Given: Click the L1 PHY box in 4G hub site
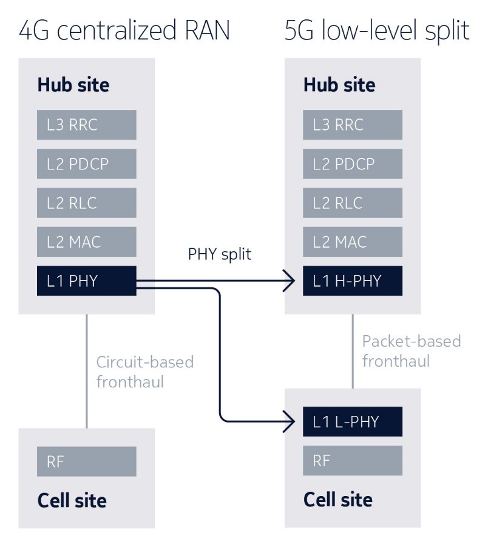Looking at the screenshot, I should click(x=86, y=281).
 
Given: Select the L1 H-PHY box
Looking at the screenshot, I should click(x=353, y=281).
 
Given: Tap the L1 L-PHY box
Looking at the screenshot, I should click(x=353, y=421).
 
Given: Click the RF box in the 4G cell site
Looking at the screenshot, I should click(x=86, y=461).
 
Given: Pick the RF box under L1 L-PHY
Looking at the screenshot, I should click(x=353, y=461).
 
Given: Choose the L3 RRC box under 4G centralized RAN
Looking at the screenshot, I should click(x=86, y=124).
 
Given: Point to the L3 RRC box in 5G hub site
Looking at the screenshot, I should click(x=353, y=124).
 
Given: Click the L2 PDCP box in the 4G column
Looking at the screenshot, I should click(x=86, y=164).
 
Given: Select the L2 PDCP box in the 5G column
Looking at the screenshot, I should click(x=353, y=164).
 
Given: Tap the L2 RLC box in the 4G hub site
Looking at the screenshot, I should click(x=86, y=203).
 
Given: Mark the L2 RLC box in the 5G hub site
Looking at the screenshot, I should click(x=353, y=203).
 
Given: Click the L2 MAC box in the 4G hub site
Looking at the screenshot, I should click(x=86, y=242).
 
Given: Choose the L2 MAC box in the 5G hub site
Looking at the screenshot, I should click(x=353, y=242).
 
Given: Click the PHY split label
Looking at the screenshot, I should click(x=219, y=254).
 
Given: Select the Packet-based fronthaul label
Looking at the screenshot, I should click(x=411, y=351).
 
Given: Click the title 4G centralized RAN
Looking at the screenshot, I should click(x=124, y=30).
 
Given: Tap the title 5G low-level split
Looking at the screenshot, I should click(x=377, y=30).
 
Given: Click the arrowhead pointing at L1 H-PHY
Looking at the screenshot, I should click(x=291, y=281).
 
